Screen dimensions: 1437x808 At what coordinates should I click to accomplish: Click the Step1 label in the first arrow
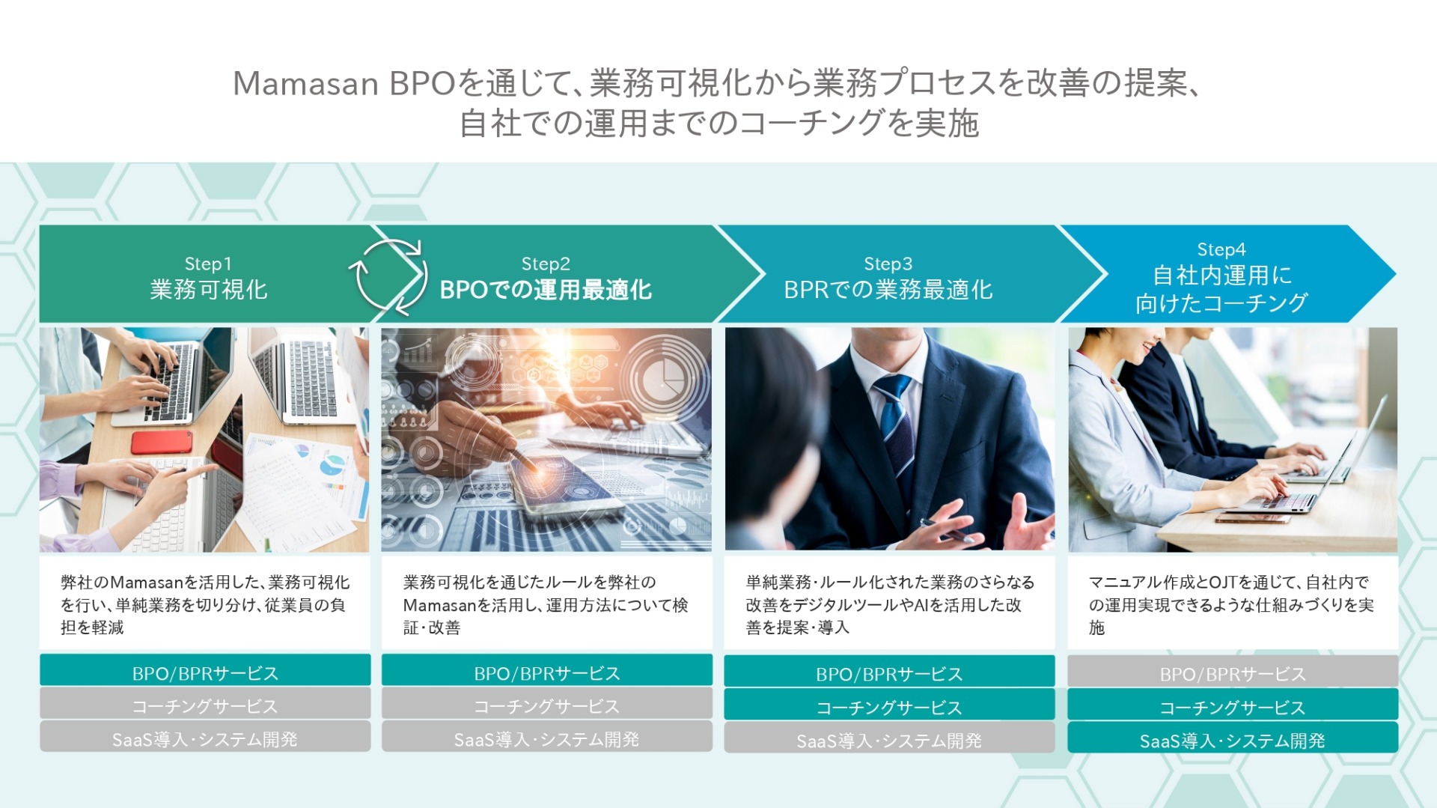208,264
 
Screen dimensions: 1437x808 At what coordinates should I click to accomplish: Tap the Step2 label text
546,264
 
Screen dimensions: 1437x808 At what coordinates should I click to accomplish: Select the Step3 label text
888,264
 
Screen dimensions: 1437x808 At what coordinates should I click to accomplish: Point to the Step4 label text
1221,249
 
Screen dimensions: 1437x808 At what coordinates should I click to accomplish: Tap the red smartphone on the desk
162,442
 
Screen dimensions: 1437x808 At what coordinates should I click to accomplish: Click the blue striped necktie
896,427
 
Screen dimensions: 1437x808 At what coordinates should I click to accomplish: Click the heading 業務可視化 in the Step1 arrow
209,290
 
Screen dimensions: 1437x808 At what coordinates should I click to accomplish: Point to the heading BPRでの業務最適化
888,290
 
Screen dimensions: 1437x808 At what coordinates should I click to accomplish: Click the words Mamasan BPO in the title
344,83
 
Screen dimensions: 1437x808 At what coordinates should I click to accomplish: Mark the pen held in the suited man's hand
947,529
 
